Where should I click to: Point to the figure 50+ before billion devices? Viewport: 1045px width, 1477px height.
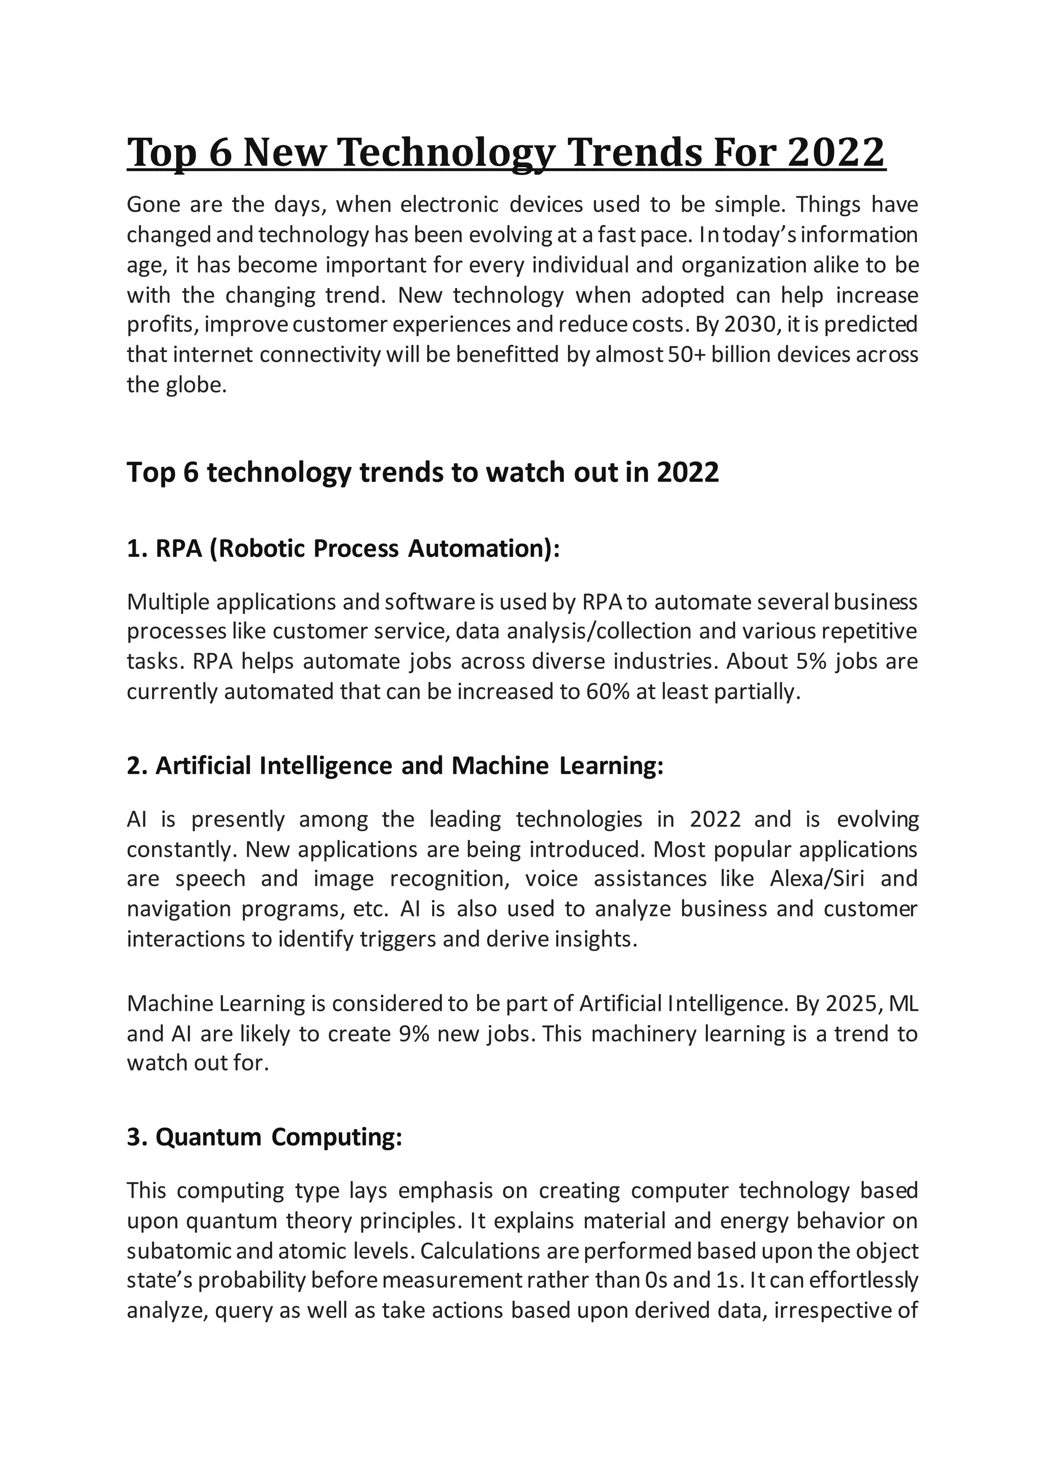(x=687, y=354)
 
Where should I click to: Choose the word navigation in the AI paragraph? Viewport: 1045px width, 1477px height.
(x=178, y=909)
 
